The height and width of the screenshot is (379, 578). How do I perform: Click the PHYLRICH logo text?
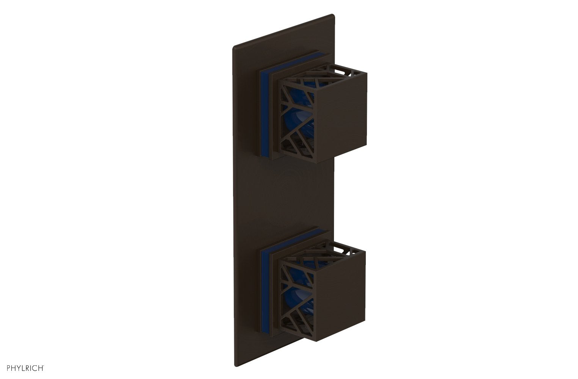23,367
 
